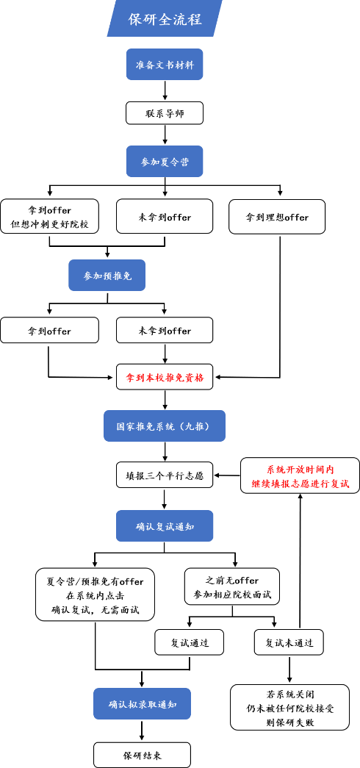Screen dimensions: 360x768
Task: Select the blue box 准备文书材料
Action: [x=165, y=64]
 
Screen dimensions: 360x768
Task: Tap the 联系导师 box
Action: [x=165, y=113]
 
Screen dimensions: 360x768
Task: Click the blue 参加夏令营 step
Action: [x=165, y=162]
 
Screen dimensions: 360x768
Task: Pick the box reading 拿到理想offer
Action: [x=277, y=217]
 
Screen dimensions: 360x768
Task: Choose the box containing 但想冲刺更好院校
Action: [x=49, y=217]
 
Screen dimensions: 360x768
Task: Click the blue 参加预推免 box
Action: [x=107, y=276]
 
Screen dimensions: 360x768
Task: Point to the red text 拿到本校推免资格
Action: [x=165, y=378]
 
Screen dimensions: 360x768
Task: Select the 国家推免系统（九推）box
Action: [x=165, y=426]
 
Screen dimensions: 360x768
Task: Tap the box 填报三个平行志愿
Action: [x=165, y=475]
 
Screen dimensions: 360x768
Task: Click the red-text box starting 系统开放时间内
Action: [x=300, y=475]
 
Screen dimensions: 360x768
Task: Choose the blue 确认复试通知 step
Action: [x=165, y=526]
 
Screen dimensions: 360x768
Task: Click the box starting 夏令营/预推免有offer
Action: [x=95, y=595]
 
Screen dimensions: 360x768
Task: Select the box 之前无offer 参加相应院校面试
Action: [x=232, y=588]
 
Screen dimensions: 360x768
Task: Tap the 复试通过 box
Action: [x=190, y=642]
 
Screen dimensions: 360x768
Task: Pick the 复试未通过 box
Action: [x=289, y=642]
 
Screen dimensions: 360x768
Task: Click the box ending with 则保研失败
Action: [x=290, y=707]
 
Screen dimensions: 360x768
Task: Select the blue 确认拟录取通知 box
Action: [x=142, y=703]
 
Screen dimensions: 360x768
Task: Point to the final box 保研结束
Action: [x=142, y=755]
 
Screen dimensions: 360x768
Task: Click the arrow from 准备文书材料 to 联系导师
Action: [x=165, y=90]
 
